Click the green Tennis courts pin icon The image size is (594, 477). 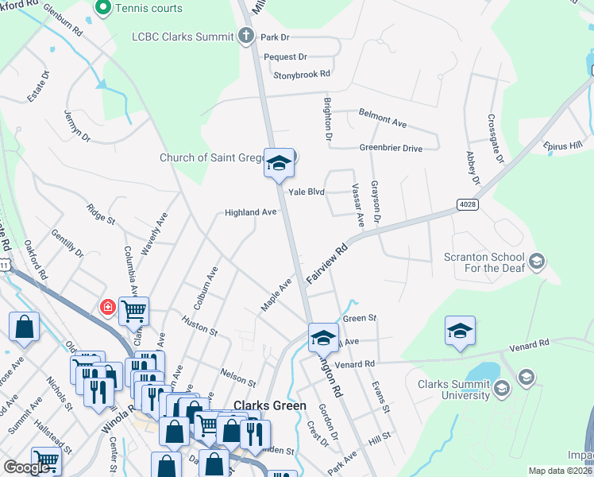[x=102, y=9]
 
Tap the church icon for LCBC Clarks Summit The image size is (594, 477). [x=247, y=36]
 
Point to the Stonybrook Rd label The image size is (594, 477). [x=301, y=75]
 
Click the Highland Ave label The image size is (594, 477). [x=250, y=212]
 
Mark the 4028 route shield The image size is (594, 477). [x=468, y=204]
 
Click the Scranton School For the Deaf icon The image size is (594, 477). [x=537, y=262]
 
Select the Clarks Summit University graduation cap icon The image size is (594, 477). [x=501, y=389]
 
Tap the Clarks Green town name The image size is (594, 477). [x=269, y=405]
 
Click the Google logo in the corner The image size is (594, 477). [x=27, y=468]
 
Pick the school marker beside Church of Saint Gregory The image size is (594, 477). [x=279, y=163]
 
